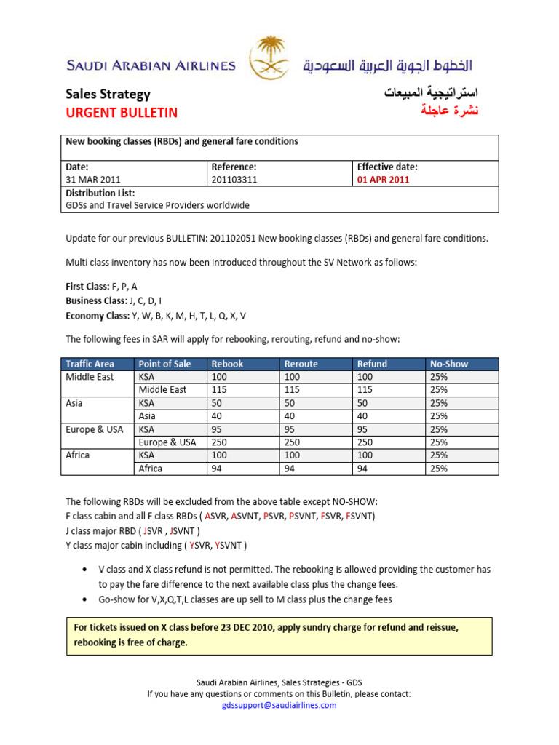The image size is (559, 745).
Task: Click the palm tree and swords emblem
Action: point(269,59)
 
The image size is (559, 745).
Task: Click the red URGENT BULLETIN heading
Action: point(122,113)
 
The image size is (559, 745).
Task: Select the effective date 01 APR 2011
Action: point(383,180)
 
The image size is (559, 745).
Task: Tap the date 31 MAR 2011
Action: point(93,180)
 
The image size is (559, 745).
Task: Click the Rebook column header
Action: point(227,364)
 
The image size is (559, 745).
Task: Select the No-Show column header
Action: point(449,364)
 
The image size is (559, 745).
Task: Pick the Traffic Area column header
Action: point(90,364)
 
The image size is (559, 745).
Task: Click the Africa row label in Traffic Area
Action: point(78,455)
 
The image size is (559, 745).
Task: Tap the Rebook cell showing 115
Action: point(219,390)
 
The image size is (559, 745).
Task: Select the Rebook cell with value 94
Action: point(217,469)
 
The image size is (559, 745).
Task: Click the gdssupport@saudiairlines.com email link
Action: point(279,706)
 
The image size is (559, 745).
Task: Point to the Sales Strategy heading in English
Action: point(108,94)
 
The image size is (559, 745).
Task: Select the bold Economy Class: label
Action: point(97,315)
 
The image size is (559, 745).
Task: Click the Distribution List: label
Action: point(100,193)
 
